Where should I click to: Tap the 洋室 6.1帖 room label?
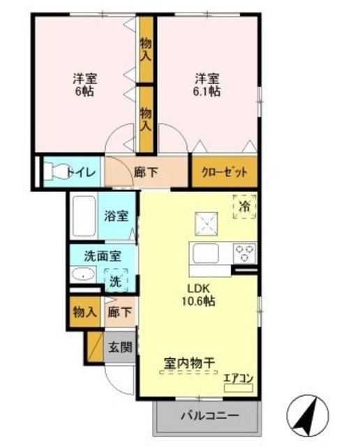(x=207, y=85)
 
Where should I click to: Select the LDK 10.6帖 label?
(x=199, y=295)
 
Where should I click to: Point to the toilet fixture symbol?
(x=57, y=171)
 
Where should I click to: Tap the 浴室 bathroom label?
(x=116, y=216)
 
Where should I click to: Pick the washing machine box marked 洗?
(x=116, y=281)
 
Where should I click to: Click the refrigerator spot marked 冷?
(x=244, y=207)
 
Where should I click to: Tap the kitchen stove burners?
(x=245, y=251)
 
